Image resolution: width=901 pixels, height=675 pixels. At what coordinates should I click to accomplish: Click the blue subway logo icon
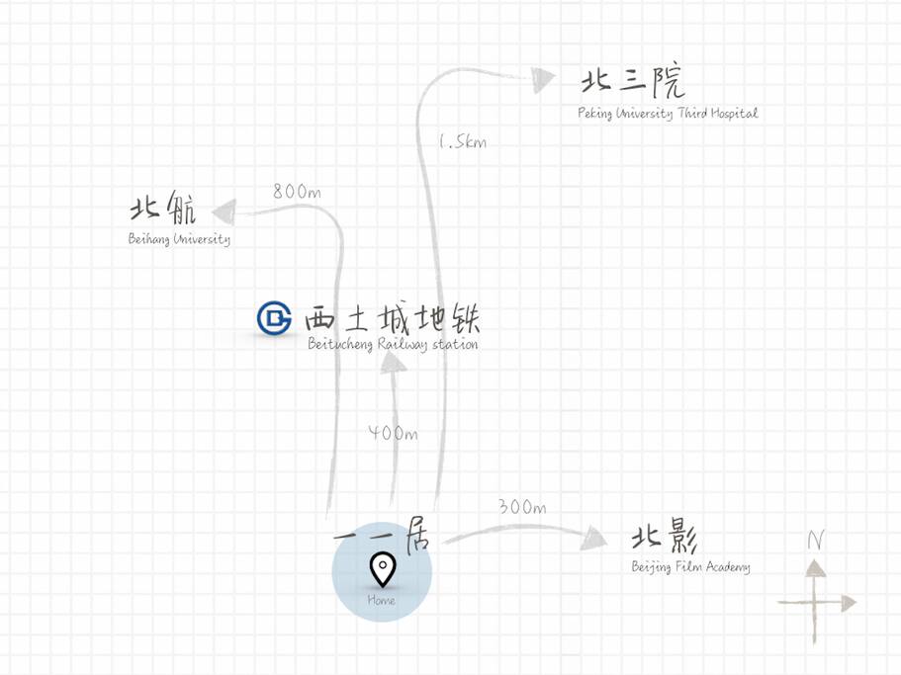click(274, 317)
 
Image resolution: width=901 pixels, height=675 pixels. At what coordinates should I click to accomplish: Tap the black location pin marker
click(382, 569)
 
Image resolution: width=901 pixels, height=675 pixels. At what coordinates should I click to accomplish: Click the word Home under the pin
click(381, 600)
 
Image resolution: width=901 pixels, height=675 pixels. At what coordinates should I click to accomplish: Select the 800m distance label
click(297, 191)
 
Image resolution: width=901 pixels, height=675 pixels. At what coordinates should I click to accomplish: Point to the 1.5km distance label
click(463, 141)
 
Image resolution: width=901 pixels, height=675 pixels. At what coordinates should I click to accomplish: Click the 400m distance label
click(393, 433)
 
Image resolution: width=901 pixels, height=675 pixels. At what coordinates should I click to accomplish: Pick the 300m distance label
click(522, 507)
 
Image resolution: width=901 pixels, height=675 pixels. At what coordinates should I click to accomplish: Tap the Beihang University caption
click(179, 239)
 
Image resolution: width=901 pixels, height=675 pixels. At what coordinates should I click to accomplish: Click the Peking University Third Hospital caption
click(668, 113)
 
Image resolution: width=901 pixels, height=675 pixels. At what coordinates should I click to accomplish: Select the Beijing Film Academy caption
click(690, 567)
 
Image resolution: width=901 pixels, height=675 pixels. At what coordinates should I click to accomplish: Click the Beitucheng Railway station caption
click(393, 344)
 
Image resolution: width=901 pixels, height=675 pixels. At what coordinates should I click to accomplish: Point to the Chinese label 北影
click(665, 536)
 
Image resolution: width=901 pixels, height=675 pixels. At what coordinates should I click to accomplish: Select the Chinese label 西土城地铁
click(393, 317)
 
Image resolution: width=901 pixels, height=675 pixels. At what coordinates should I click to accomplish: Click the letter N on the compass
click(816, 541)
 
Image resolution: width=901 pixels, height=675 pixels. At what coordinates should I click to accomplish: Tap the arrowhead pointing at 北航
click(225, 211)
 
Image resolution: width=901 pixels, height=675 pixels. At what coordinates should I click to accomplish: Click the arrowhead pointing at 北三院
click(542, 79)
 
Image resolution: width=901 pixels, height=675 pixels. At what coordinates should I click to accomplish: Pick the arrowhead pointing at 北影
click(593, 539)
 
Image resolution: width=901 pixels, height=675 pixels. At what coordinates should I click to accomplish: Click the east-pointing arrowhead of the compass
click(850, 603)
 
